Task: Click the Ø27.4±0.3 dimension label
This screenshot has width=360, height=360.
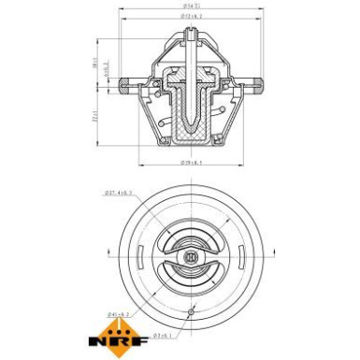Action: [x=120, y=194]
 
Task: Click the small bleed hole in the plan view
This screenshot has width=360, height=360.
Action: [x=191, y=310]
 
